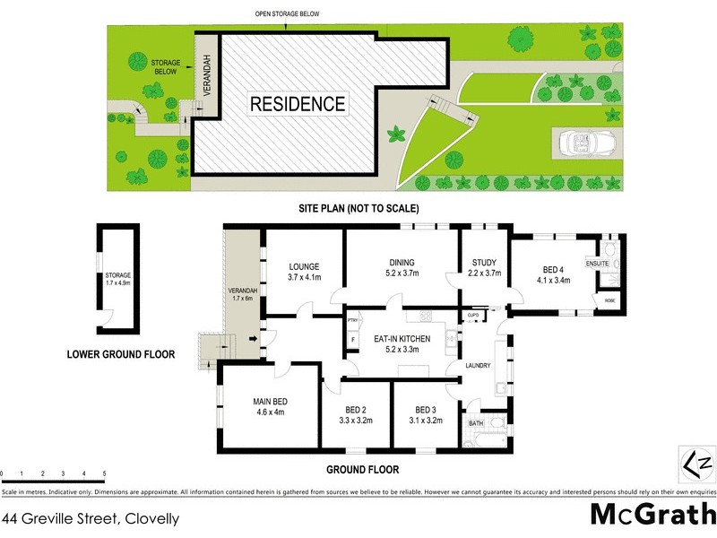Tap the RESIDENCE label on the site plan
[297, 103]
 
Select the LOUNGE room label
[304, 265]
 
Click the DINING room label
[402, 263]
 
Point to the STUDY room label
[484, 263]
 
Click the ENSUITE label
[597, 265]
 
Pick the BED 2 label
[356, 409]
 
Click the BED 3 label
[426, 409]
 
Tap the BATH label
[475, 422]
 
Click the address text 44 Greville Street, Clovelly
[91, 518]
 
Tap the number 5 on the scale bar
[105, 473]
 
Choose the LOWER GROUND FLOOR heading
[121, 354]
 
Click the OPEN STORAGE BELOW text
[288, 14]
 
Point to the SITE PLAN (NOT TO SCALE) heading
[359, 208]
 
